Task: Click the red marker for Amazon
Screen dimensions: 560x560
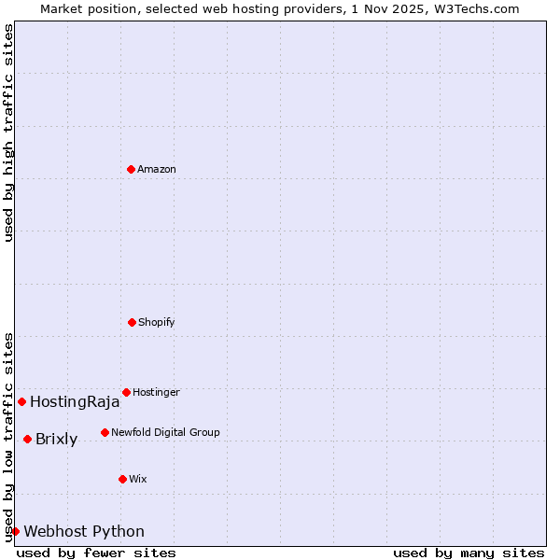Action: [x=131, y=169]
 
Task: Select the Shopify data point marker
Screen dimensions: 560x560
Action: [x=132, y=322]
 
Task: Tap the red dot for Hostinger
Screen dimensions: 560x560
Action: [x=126, y=392]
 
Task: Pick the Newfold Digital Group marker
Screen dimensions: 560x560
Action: [x=105, y=432]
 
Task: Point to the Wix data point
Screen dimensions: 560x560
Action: [x=122, y=479]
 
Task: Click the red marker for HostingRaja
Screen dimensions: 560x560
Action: [x=21, y=401]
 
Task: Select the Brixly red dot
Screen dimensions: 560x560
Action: [x=27, y=439]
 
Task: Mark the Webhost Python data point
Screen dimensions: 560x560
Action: [x=15, y=531]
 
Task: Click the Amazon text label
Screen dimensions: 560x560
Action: [x=157, y=169]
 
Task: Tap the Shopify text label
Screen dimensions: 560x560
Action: [x=157, y=322]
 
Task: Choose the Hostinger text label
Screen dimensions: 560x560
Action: [x=156, y=392]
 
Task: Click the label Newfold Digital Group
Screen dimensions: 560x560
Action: [x=165, y=432]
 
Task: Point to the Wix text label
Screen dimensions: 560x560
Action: [x=138, y=479]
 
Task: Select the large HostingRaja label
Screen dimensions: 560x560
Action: [x=75, y=402]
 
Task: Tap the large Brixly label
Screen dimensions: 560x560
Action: [x=56, y=440]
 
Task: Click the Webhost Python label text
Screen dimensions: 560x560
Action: [x=84, y=532]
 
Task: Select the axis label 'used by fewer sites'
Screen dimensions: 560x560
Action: [x=96, y=553]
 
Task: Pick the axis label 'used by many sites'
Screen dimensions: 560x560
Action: [x=469, y=553]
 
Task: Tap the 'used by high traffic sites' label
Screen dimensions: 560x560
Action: [x=8, y=133]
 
